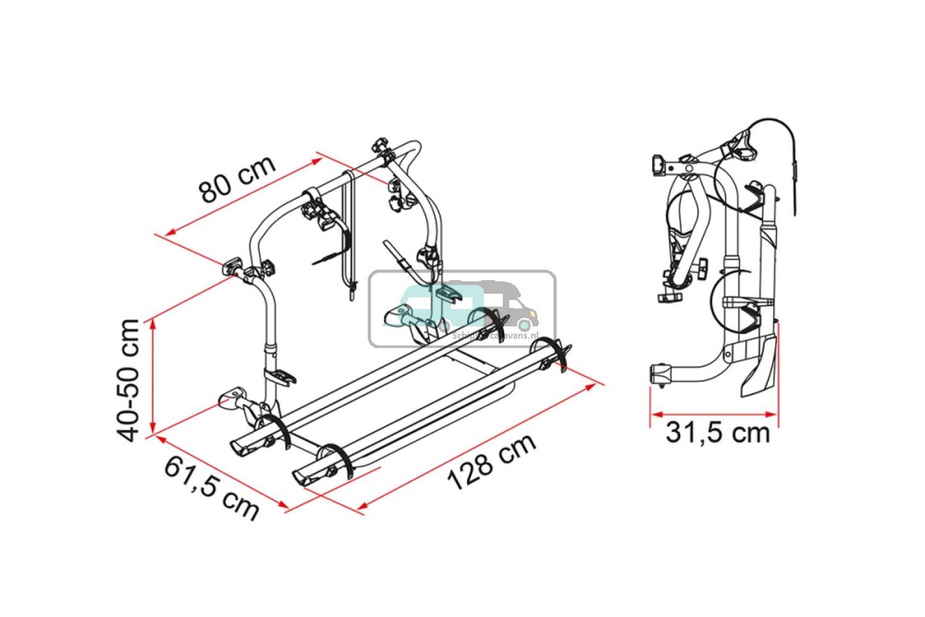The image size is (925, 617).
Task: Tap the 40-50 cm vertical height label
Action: [132, 379]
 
